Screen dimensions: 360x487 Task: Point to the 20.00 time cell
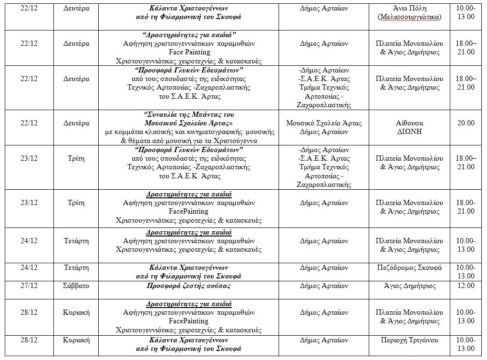point(466,123)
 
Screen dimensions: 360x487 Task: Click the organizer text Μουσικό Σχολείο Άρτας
point(324,123)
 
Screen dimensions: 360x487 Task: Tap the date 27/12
point(30,286)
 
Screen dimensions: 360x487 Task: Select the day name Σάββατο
point(76,286)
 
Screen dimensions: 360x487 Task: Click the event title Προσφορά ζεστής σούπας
point(188,286)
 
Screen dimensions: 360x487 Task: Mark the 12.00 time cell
point(466,286)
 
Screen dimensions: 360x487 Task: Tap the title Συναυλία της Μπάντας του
point(188,114)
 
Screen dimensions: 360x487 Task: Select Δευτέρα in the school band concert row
point(76,123)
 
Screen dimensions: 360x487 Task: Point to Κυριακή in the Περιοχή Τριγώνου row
point(76,340)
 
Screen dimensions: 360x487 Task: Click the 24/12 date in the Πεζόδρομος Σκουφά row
point(30,267)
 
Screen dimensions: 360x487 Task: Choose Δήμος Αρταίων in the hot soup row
point(324,286)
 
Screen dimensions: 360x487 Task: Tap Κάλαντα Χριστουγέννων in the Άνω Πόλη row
point(188,8)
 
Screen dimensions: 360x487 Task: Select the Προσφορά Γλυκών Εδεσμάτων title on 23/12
point(188,150)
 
